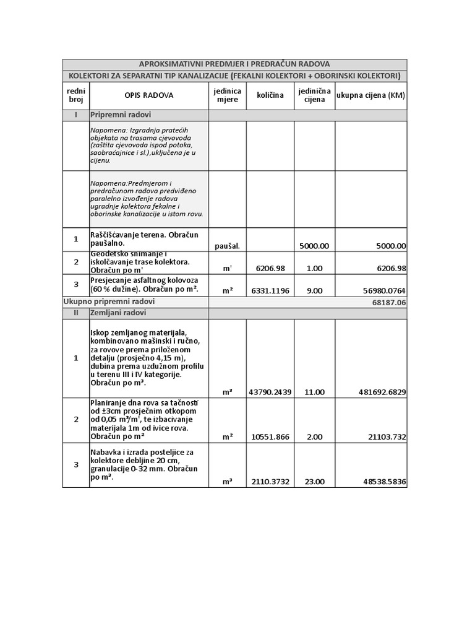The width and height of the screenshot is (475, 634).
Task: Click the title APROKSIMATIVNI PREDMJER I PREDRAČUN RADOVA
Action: (234, 64)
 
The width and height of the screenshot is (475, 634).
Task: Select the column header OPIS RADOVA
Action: (149, 95)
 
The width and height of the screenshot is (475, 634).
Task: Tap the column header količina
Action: (270, 95)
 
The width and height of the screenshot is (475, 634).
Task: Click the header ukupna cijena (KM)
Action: (370, 95)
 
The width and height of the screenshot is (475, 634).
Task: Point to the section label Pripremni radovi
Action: (121, 115)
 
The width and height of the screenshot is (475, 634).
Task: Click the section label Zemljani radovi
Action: (118, 313)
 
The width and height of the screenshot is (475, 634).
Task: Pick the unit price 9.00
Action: (315, 290)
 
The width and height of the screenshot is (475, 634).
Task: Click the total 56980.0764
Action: (379, 290)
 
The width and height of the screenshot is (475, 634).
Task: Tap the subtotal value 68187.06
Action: (389, 303)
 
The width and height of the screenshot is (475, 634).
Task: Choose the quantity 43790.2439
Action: (270, 392)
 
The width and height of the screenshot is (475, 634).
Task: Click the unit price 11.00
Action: (315, 392)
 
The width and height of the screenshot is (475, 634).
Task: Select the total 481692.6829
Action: (382, 392)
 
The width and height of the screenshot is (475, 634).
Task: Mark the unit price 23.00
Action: (315, 481)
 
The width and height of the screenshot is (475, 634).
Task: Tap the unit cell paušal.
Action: (227, 246)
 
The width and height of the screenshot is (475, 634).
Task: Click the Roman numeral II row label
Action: (75, 313)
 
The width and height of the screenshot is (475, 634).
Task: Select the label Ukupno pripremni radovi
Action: (109, 302)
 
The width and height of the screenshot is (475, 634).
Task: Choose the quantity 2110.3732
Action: (270, 481)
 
